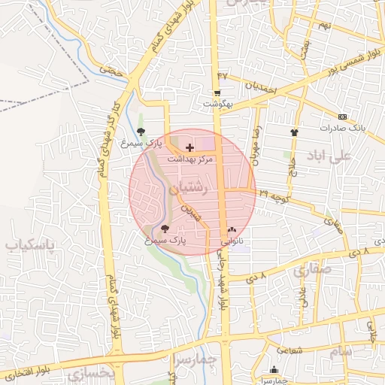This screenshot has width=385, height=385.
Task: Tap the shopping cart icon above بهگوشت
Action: (x=217, y=94)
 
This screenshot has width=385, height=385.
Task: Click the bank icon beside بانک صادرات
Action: (x=343, y=117)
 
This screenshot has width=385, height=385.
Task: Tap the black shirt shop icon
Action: (x=294, y=132)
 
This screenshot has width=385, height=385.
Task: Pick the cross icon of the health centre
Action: (x=189, y=148)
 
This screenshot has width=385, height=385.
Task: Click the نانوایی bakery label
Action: (x=231, y=242)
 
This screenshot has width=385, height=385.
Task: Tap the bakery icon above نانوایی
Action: (x=231, y=231)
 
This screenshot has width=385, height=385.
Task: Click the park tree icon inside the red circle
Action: (x=165, y=229)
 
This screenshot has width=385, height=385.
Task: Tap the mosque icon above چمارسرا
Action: (x=273, y=370)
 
